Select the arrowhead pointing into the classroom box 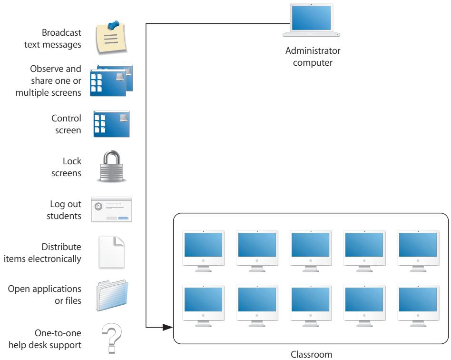(166, 328)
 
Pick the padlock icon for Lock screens (112, 166)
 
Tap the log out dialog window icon (111, 209)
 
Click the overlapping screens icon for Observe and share (113, 80)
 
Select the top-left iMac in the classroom (204, 250)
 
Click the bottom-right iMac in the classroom (417, 305)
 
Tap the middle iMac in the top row (310, 250)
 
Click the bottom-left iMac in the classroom (204, 305)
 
